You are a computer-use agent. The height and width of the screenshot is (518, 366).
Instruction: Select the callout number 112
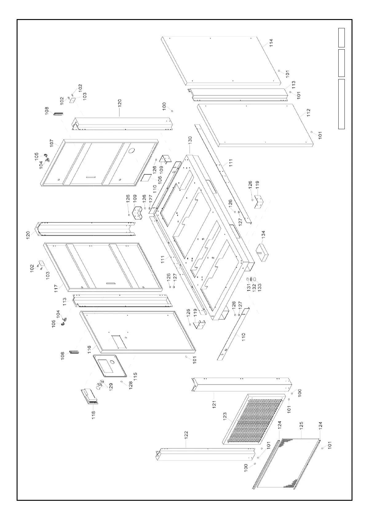point(308,112)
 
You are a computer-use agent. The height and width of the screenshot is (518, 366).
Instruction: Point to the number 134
point(264,235)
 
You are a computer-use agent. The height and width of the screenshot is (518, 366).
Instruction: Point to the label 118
point(93,414)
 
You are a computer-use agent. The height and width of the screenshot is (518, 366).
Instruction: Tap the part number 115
point(134,376)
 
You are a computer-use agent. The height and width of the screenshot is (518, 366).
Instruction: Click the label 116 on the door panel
point(89,349)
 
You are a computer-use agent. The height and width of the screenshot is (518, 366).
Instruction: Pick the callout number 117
point(57,288)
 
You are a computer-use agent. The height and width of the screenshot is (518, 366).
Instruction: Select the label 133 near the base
point(260,288)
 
